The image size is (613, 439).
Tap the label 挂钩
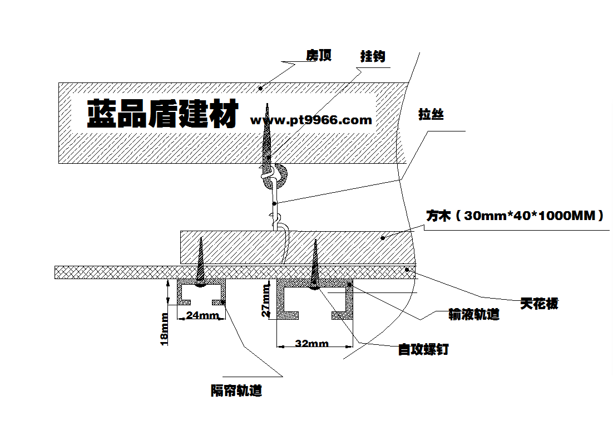coord(373,56)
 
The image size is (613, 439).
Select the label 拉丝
coord(431,115)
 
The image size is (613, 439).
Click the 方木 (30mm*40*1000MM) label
coord(515,216)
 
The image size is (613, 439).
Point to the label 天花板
coord(539,304)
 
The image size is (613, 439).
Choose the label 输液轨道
coord(474,315)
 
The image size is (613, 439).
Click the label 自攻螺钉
coord(423,350)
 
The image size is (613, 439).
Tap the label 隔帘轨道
coord(236,391)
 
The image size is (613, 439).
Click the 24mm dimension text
coord(202,315)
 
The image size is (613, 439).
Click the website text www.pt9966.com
coord(311,120)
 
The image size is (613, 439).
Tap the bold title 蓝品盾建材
coord(163,114)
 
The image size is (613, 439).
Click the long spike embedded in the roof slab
coord(268,136)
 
